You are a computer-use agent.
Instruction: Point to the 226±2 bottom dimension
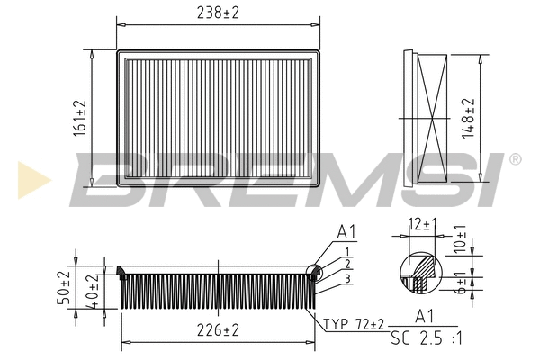(x=219, y=331)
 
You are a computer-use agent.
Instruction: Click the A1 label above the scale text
(x=423, y=317)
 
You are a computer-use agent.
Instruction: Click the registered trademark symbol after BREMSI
(x=514, y=159)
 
